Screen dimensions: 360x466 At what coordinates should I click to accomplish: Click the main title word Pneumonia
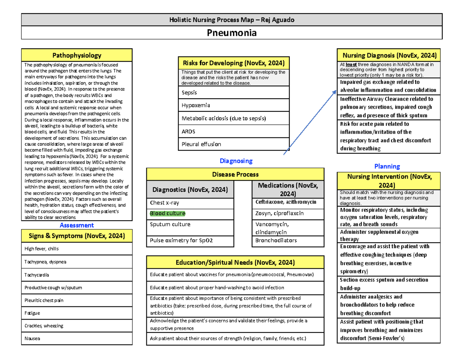tap(232, 33)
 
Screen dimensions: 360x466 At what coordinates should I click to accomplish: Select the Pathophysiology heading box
tap(77, 55)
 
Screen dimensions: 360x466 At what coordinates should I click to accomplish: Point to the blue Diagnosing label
tap(236, 160)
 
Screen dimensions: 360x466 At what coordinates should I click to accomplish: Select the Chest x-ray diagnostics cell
tap(190, 203)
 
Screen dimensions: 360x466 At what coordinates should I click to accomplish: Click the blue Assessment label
tap(77, 225)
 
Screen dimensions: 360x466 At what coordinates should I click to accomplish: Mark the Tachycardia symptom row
tap(77, 275)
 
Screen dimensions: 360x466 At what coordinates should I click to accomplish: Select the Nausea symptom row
tap(77, 338)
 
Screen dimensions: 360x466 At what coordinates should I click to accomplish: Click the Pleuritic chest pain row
tap(77, 300)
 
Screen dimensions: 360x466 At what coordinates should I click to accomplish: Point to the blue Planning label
tap(387, 166)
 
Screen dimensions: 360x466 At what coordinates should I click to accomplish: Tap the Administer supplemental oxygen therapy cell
tap(389, 235)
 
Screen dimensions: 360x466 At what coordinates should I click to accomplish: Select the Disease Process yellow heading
tap(235, 174)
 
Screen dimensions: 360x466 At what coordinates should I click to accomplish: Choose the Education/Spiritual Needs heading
tap(235, 262)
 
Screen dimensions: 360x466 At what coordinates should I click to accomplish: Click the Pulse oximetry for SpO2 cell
tap(190, 241)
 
